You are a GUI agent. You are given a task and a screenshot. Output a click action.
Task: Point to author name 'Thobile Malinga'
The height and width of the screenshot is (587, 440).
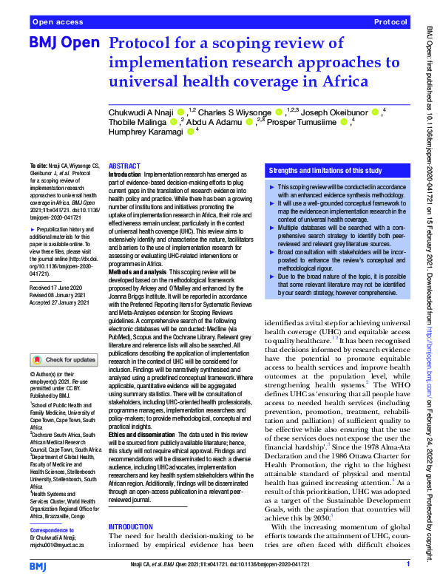137,122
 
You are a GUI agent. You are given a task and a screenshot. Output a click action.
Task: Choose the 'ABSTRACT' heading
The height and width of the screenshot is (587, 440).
125,167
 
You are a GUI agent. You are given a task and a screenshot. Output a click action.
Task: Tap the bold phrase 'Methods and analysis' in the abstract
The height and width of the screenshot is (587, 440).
140,272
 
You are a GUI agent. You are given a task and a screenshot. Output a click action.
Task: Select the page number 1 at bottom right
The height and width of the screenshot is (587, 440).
408,565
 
